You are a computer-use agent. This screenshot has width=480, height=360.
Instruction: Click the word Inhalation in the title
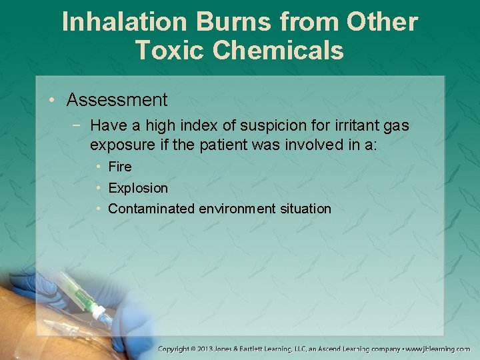[x=123, y=22]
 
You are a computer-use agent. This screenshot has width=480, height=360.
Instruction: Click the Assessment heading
[x=117, y=100]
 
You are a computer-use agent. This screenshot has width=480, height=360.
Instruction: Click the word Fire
[x=120, y=167]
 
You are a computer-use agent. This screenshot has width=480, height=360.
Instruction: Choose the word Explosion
[x=138, y=188]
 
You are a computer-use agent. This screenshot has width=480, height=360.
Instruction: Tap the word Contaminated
[x=151, y=209]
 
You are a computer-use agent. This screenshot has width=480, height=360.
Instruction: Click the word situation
[x=305, y=209]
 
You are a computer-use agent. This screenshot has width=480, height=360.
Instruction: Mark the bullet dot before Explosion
[x=98, y=188]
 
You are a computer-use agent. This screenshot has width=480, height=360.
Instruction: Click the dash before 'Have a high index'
[x=79, y=125]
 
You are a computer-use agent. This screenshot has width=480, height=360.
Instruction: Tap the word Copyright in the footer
[x=175, y=349]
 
